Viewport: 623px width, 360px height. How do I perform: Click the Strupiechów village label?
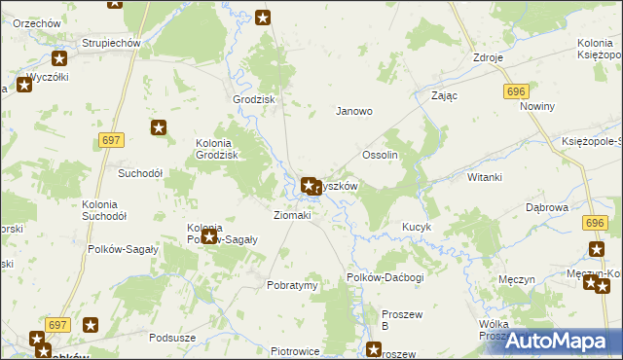click(x=112, y=43)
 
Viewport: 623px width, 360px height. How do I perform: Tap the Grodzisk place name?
click(x=254, y=100)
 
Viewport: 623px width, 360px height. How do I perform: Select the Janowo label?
click(x=354, y=111)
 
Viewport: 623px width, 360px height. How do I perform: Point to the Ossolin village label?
click(x=381, y=156)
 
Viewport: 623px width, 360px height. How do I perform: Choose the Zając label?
click(x=444, y=96)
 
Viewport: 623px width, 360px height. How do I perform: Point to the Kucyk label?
click(x=417, y=227)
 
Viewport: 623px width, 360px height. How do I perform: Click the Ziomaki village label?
click(x=292, y=215)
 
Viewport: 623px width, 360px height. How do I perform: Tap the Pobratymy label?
click(x=292, y=286)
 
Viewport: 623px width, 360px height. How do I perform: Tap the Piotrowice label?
click(x=296, y=351)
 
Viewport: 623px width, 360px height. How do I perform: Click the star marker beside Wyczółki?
click(x=24, y=84)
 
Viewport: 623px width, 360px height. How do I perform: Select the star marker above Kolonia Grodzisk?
click(x=160, y=126)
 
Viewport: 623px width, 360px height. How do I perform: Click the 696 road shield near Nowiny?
click(x=516, y=90)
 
